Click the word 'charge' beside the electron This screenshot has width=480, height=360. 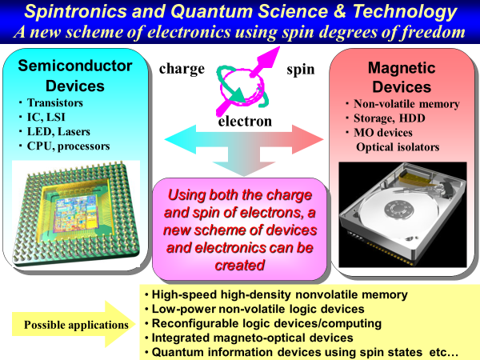click(182, 69)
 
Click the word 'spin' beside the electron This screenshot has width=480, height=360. click(300, 70)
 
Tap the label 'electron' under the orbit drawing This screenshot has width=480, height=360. click(245, 122)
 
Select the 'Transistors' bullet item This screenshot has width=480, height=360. click(55, 103)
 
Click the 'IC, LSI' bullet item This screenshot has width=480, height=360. click(46, 118)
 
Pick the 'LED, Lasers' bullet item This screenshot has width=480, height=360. click(58, 132)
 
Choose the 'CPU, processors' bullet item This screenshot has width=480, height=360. click(68, 146)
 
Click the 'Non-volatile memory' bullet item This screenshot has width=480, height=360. click(406, 104)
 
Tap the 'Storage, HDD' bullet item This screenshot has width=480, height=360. click(390, 118)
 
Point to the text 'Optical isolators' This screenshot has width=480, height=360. click(398, 147)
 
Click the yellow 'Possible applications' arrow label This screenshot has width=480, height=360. click(76, 325)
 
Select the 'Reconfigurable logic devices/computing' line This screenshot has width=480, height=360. click(266, 323)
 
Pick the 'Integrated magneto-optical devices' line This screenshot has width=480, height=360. click(253, 338)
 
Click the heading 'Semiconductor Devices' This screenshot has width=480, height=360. click(75, 76)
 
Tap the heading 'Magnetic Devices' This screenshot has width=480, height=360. click(402, 77)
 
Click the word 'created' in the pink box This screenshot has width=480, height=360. click(240, 265)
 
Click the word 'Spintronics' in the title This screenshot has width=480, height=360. click(75, 12)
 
